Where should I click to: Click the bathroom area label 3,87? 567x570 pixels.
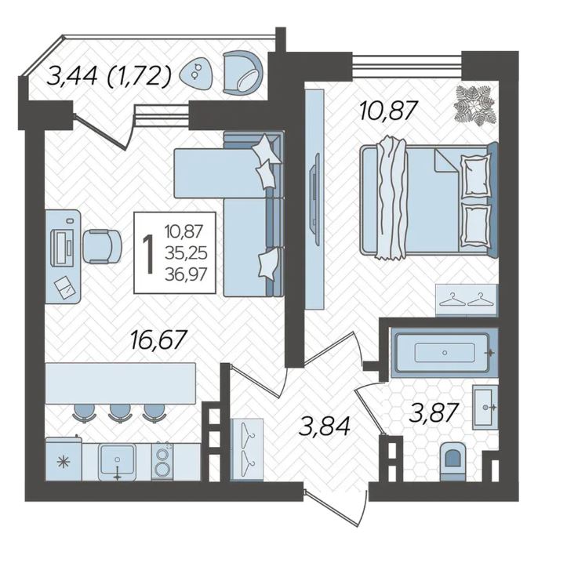pos(433,413)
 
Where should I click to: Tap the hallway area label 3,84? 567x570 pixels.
pos(324,426)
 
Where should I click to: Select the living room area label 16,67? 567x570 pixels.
pos(159,339)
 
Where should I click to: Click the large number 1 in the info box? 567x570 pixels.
pos(148,254)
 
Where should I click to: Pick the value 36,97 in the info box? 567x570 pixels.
pos(186,274)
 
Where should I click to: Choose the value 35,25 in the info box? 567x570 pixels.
pos(186,253)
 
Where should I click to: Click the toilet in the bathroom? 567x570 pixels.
pos(453,461)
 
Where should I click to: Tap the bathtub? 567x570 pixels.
pos(444,353)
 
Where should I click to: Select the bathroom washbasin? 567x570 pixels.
pos(485,407)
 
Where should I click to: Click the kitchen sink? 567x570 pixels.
pos(117,461)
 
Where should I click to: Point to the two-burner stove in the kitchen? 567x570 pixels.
pos(162,461)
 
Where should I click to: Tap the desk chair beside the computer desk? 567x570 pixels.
pos(102,246)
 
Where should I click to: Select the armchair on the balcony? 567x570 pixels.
pos(242,73)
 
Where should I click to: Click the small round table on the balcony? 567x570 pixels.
pos(197,73)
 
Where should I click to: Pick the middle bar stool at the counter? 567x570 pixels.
pos(120,413)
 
